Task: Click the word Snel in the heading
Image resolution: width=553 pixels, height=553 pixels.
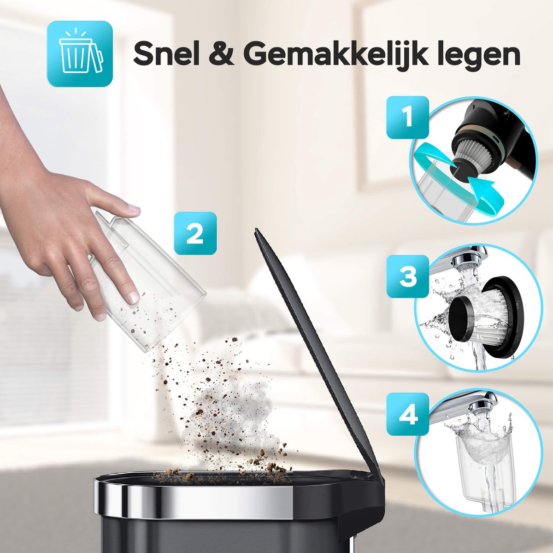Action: click(x=166, y=54)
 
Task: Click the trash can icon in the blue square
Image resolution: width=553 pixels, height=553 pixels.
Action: click(x=80, y=53)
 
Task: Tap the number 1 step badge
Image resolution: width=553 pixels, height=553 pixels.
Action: click(x=407, y=117)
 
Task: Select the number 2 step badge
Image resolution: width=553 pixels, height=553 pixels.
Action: click(x=195, y=233)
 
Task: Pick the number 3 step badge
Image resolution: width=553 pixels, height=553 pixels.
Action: click(x=407, y=276)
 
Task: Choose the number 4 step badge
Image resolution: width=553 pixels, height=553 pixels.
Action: click(x=407, y=414)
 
